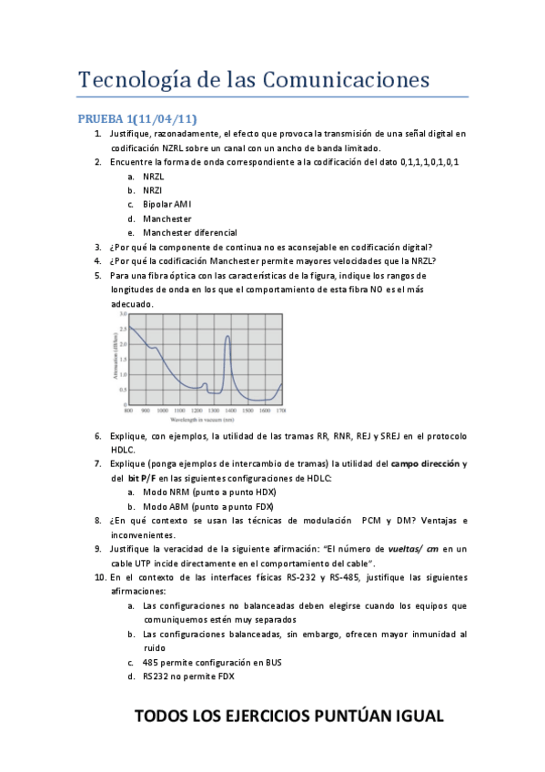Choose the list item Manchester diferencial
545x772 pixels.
click(x=190, y=232)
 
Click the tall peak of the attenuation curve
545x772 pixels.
click(x=227, y=338)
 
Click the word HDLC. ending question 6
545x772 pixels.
click(x=123, y=450)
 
